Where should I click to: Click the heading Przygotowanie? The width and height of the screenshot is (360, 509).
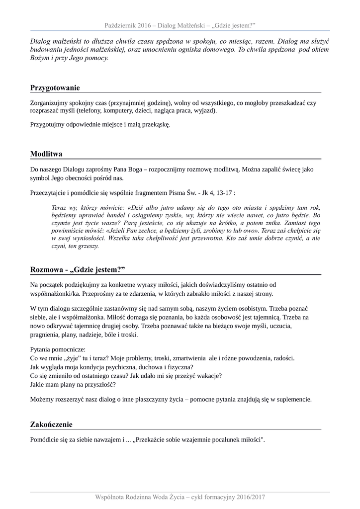pos(55,88)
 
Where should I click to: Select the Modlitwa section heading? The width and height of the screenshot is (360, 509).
pos(46,154)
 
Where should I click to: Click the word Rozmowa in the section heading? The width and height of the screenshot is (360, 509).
pos(46,269)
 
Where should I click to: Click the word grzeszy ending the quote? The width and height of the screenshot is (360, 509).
pos(90,246)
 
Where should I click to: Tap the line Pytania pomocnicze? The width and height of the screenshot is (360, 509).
pos(58,349)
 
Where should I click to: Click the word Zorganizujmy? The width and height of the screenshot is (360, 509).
pos(51,103)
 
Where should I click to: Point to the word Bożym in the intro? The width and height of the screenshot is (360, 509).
pos(40,58)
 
